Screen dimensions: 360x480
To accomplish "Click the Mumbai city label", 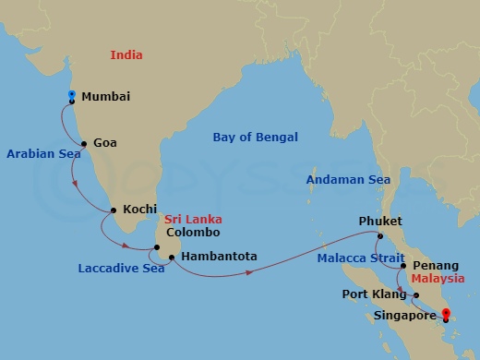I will click(105, 97).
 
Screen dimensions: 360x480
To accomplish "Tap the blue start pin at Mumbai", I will click(71, 96).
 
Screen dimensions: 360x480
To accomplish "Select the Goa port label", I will click(104, 144).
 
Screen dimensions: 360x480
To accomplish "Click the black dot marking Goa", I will click(84, 144).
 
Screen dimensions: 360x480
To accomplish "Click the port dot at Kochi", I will click(114, 210).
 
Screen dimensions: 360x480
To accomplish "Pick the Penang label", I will click(436, 266).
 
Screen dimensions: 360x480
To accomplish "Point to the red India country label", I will click(126, 55).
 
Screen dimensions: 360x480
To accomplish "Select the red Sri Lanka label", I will click(192, 221).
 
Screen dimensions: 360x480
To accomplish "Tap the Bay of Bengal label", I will click(256, 138).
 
